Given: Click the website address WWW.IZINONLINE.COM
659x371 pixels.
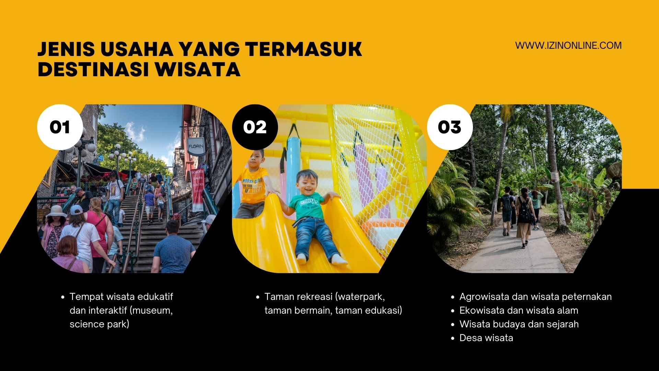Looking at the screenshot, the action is coord(568,45).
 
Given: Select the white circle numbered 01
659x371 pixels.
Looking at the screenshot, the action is coord(60,127).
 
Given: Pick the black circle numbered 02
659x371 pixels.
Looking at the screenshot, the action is coord(255,127).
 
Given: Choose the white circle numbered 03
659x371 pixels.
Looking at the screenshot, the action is coord(450,127).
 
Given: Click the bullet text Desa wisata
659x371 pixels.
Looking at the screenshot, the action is coord(486,338).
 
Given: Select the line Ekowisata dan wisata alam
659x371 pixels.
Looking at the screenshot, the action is coord(519,311).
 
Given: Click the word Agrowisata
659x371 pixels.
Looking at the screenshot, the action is coord(484,297).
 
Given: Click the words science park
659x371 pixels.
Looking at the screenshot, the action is coord(100,324).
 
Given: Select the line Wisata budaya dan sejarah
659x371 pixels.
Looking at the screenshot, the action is coord(519,324).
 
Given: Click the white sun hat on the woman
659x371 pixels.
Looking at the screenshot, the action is coord(56,211).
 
